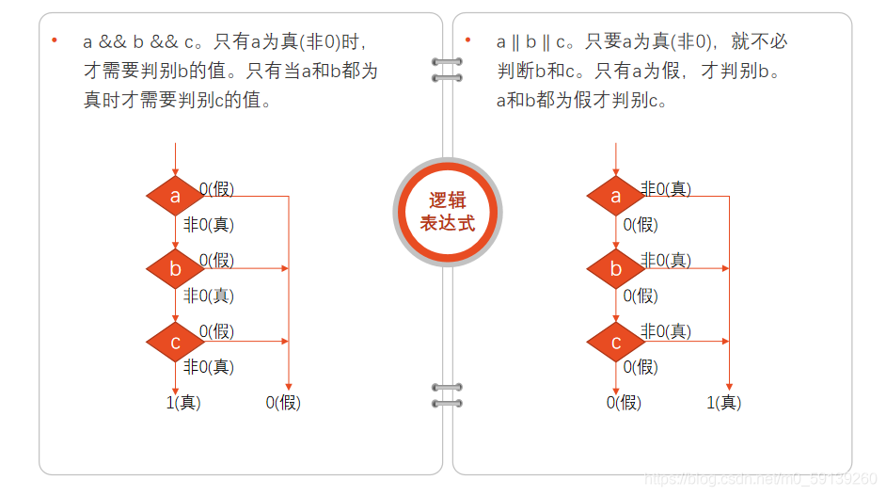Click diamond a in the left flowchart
[175, 197]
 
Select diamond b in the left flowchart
[175, 269]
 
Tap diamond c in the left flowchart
[175, 342]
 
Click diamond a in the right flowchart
[616, 197]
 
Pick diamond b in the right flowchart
[616, 269]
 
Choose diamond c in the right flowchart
[616, 342]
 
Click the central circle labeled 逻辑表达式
[447, 212]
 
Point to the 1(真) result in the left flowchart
[183, 403]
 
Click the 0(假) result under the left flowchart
[283, 403]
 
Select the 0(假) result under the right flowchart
[624, 403]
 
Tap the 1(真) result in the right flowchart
[724, 403]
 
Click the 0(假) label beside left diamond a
[217, 189]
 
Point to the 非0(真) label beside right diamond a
[666, 189]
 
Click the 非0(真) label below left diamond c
[209, 367]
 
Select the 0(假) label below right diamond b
[641, 296]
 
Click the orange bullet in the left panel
[55, 40]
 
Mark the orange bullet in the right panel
[467, 40]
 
